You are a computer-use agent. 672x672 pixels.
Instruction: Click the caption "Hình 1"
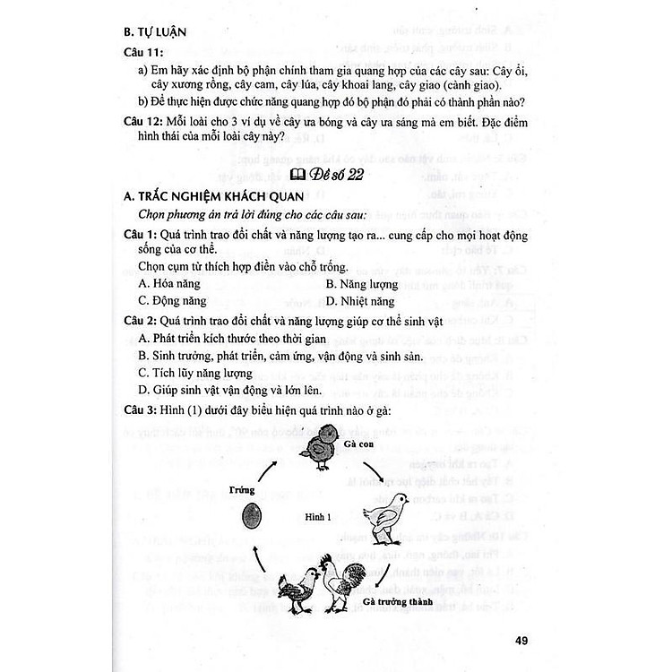coord(318,516)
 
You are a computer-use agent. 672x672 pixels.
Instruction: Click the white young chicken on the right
coord(385,522)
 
